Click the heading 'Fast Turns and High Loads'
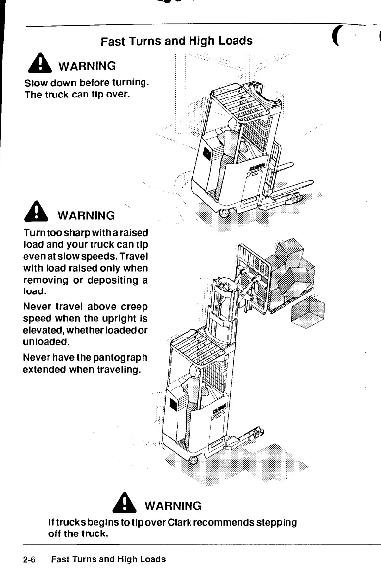click(x=177, y=41)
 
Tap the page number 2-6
click(x=30, y=559)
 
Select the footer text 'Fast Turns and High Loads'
click(x=108, y=559)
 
